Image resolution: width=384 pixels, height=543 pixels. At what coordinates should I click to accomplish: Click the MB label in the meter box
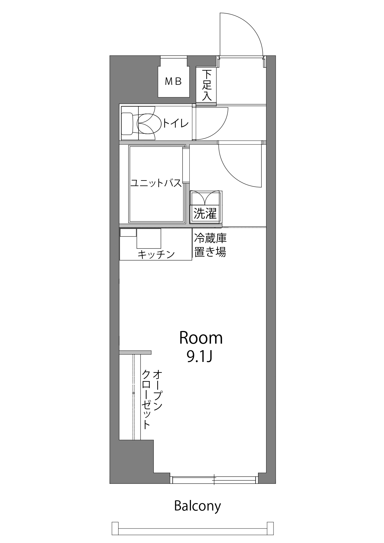point(173,81)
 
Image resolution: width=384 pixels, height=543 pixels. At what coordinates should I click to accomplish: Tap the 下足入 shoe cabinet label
point(207,85)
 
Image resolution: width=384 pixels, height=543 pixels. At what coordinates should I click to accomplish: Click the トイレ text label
point(175,124)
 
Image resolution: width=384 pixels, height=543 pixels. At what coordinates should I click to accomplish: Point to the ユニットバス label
point(156,183)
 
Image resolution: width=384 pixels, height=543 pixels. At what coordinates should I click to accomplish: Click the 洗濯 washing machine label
point(205,213)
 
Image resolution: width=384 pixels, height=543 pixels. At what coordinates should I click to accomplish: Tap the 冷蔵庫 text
point(210,238)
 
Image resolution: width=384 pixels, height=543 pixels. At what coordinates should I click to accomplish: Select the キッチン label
point(156,254)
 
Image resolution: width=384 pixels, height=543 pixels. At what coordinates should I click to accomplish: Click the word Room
point(201,338)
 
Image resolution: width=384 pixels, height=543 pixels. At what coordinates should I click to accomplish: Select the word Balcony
point(197,506)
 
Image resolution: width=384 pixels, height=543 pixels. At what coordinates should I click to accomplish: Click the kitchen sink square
point(149,238)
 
